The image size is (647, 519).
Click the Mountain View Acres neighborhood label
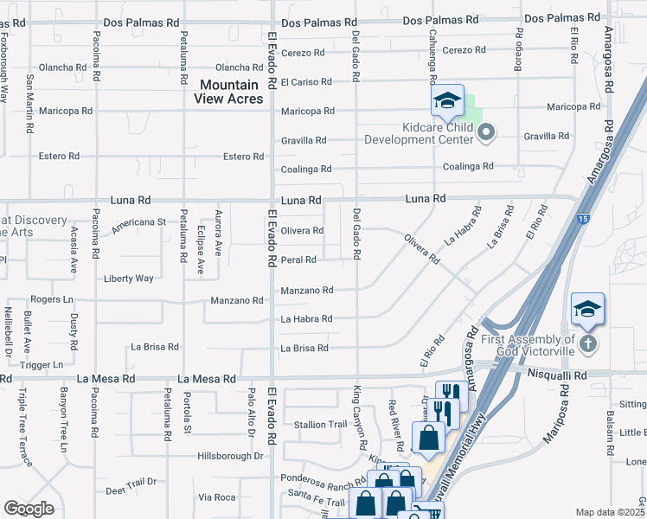pos(229,92)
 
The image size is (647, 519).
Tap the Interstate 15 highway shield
pos(586,221)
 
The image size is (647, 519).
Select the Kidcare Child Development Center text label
pos(419,132)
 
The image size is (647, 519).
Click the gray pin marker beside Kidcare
pos(486,132)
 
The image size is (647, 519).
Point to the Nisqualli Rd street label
pos(557,376)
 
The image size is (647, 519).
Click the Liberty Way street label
pos(128,279)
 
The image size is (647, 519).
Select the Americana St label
pos(137,222)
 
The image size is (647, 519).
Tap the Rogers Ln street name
pos(52,299)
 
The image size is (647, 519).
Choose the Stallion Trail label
pos(321,425)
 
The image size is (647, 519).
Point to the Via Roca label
pos(217,497)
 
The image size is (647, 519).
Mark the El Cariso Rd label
pos(306,82)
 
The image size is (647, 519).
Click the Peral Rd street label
pos(298,259)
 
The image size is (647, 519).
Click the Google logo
pos(29,509)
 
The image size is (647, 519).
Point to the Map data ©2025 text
pos(610,512)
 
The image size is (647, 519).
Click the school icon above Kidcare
pos(447,100)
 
